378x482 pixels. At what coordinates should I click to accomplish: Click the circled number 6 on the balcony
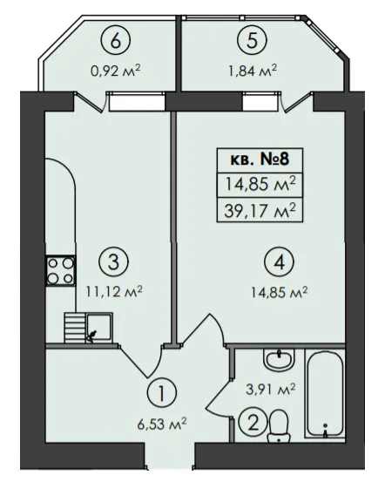coord(116,41)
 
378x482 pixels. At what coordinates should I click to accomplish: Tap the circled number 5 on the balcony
coord(252,41)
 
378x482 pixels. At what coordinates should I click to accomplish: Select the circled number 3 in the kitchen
coord(113,262)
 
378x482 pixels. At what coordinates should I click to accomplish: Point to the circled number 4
coord(279,262)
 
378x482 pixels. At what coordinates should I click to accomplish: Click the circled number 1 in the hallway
coord(162,393)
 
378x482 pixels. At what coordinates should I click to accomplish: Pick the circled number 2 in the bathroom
coord(253,424)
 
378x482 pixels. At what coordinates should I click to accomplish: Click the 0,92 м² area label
coord(116,71)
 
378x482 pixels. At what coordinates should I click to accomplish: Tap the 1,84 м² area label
coord(252,71)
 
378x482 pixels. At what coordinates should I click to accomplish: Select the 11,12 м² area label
coord(113,291)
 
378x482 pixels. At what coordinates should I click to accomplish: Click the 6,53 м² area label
coord(162,424)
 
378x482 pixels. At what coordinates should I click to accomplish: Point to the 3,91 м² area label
coord(271,389)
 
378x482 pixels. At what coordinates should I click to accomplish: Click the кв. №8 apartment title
coord(260,160)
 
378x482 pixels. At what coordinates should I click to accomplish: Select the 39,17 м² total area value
coord(260,212)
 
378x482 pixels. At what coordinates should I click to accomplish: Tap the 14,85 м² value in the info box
coord(260,185)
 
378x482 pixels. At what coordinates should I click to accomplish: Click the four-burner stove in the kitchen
coord(61,271)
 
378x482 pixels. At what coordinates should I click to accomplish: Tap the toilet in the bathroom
coord(279,425)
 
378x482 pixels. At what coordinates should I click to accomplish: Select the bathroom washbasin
coord(279,360)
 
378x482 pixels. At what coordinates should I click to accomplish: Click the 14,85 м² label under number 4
coord(279,292)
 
